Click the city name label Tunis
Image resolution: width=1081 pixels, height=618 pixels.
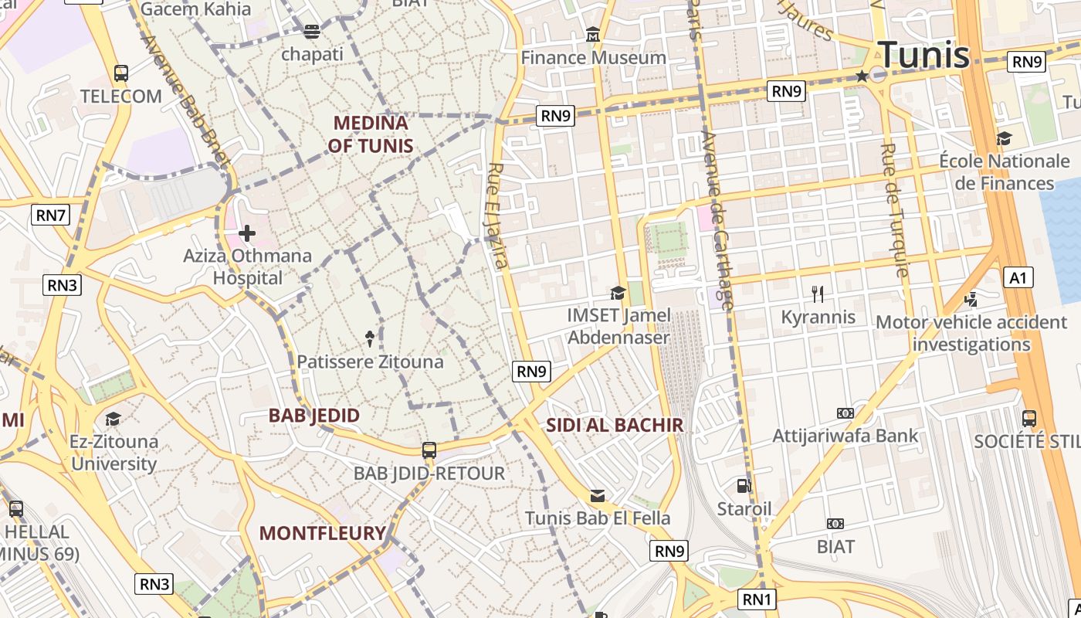pyautogui.click(x=923, y=54)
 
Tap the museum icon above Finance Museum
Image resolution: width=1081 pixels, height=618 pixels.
pyautogui.click(x=593, y=35)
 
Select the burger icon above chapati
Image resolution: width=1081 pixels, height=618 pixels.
pyautogui.click(x=312, y=32)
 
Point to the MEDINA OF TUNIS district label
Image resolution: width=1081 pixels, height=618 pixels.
pyautogui.click(x=370, y=134)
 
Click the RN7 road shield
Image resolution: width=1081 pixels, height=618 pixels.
pyautogui.click(x=51, y=215)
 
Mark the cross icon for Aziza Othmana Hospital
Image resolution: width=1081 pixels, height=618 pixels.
pyautogui.click(x=247, y=233)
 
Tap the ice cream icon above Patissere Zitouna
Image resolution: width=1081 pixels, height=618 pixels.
pyautogui.click(x=370, y=338)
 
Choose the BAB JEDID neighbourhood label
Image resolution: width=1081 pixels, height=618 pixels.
pyautogui.click(x=314, y=416)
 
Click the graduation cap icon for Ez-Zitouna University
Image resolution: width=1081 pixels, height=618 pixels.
pyautogui.click(x=114, y=419)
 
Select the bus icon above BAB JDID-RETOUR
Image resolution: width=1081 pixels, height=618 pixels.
pyautogui.click(x=429, y=450)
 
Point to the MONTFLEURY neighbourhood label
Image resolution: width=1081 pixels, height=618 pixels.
pyautogui.click(x=322, y=533)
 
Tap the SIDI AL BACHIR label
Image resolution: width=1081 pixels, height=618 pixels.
pyautogui.click(x=615, y=425)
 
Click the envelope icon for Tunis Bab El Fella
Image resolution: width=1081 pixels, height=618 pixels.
pyautogui.click(x=598, y=495)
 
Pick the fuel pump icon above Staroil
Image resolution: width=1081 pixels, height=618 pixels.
pyautogui.click(x=744, y=485)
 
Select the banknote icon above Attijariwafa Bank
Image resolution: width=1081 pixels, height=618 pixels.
pyautogui.click(x=845, y=413)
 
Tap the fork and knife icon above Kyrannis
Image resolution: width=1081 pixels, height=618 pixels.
pyautogui.click(x=818, y=294)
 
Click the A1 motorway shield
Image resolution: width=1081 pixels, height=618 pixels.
pyautogui.click(x=1018, y=277)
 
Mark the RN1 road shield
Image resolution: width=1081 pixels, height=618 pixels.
pyautogui.click(x=757, y=599)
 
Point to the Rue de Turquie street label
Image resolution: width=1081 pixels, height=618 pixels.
pyautogui.click(x=894, y=210)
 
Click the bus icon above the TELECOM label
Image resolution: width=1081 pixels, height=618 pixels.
pyautogui.click(x=121, y=73)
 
